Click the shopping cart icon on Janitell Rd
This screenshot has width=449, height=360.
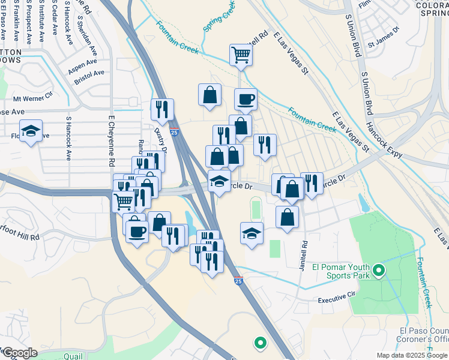coord(241,55)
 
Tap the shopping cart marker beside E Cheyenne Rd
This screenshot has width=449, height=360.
coord(124,202)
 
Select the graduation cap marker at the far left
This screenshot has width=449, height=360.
coord(31,131)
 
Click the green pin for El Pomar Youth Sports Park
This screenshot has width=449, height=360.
coord(378,271)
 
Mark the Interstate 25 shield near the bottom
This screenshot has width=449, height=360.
coord(238,280)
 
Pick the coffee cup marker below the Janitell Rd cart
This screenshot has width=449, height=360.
coord(245,99)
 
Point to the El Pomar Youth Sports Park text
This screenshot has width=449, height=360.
coord(339,271)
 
